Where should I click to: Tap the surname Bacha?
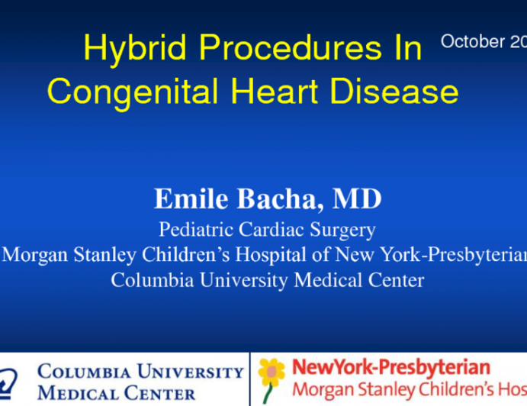[x=276, y=199]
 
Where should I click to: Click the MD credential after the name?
[x=357, y=199]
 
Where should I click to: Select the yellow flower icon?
[x=271, y=370]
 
